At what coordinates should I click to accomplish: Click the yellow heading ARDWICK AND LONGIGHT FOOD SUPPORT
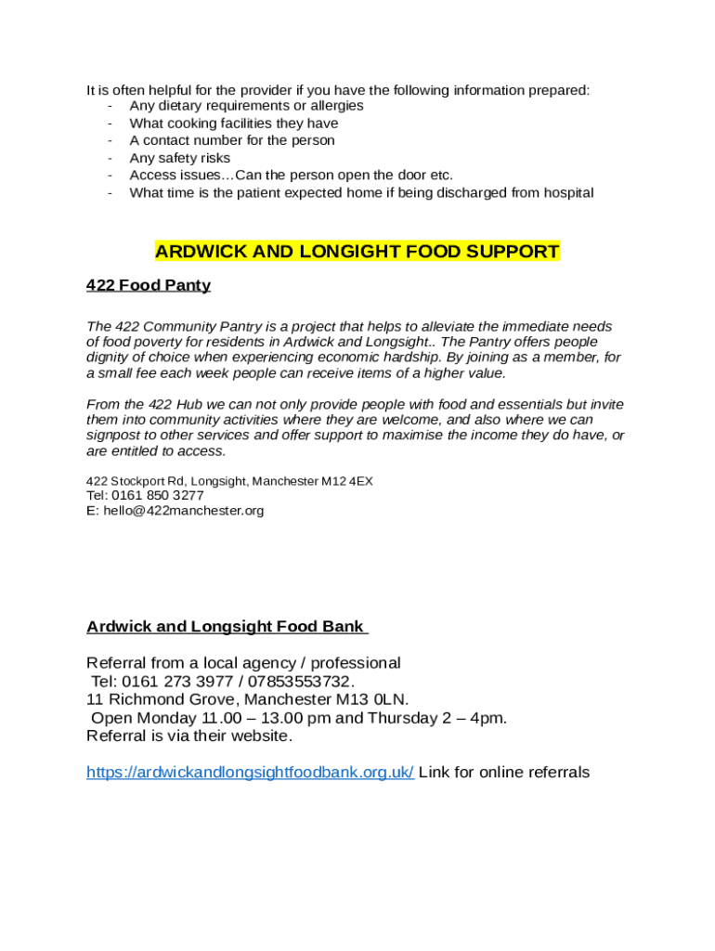coord(357,252)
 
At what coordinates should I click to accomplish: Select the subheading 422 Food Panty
coord(149,285)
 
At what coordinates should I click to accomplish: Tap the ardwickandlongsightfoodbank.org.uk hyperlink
coord(250,773)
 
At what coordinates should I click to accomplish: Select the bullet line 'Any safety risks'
coord(179,159)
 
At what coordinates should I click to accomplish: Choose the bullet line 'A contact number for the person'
coord(232,141)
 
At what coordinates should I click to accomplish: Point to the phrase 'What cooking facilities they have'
coord(234,124)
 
